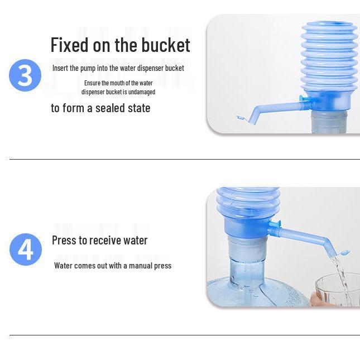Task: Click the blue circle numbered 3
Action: point(25,75)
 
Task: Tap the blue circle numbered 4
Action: point(26,249)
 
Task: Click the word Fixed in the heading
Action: point(69,45)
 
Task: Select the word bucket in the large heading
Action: point(166,45)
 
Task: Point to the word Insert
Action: point(60,68)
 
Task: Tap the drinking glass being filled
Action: point(338,289)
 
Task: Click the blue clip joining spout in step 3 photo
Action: point(304,99)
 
